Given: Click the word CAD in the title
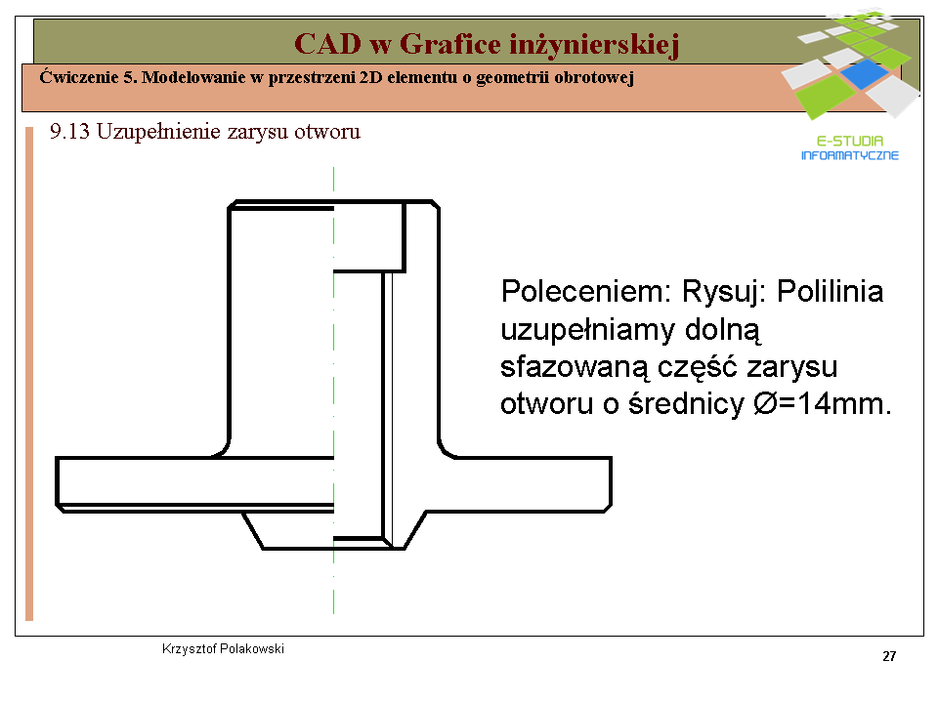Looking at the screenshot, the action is point(328,44).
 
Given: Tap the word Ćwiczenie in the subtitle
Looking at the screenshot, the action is point(79,77).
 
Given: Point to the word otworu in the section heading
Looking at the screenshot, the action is point(327,132).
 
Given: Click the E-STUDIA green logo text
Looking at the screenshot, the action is point(850,141).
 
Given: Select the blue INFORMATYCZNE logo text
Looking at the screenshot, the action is point(850,155).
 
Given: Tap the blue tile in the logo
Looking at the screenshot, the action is point(865,73).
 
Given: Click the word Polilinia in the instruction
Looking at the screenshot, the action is point(830,292).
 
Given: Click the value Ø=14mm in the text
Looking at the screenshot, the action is point(822,403).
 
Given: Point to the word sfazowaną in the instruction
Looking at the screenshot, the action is point(574,367).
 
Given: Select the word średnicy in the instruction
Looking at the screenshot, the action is point(686,404).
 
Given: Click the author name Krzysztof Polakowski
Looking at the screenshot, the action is point(223,648).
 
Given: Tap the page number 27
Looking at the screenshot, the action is point(889,656).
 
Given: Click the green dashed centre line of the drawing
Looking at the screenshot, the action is point(333,391).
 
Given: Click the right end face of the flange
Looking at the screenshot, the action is point(610,483).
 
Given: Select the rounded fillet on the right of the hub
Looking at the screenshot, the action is point(446,450).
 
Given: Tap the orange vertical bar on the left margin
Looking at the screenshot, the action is point(28,374).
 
